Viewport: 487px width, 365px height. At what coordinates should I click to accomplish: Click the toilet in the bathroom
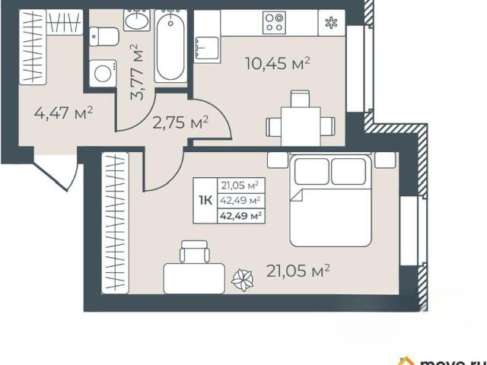pyautogui.click(x=104, y=36)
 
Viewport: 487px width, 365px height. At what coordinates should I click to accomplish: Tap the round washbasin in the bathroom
pyautogui.click(x=137, y=21)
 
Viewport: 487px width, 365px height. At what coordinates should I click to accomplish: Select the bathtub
pyautogui.click(x=170, y=46)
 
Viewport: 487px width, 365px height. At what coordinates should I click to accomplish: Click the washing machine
pyautogui.click(x=103, y=73)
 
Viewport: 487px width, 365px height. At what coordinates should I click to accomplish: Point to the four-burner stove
pyautogui.click(x=274, y=22)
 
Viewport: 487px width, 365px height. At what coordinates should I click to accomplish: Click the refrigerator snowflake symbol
pyautogui.click(x=331, y=23)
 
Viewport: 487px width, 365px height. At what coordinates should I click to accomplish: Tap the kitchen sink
pyautogui.click(x=207, y=48)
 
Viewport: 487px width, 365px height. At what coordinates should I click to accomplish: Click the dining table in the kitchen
pyautogui.click(x=301, y=126)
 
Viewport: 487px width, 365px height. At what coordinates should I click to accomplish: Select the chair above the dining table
pyautogui.click(x=300, y=99)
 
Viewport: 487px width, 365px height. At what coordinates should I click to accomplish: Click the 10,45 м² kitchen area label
pyautogui.click(x=278, y=64)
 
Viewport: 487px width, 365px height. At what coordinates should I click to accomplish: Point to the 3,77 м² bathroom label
pyautogui.click(x=138, y=72)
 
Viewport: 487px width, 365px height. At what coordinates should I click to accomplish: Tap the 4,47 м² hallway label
pyautogui.click(x=64, y=113)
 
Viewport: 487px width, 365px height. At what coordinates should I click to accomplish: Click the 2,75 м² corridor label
pyautogui.click(x=180, y=123)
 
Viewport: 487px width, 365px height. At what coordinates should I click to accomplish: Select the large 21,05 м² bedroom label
pyautogui.click(x=298, y=271)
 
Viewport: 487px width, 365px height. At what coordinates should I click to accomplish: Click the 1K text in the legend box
pyautogui.click(x=205, y=201)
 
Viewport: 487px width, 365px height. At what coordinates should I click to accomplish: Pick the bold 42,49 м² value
pyautogui.click(x=240, y=215)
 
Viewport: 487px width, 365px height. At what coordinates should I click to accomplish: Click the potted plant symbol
pyautogui.click(x=242, y=281)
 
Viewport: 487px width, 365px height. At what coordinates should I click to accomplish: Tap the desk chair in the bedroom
pyautogui.click(x=195, y=252)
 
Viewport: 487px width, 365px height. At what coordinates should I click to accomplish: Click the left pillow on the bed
pyautogui.click(x=311, y=171)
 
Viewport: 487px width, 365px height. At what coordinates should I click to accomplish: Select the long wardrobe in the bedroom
pyautogui.click(x=115, y=223)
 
